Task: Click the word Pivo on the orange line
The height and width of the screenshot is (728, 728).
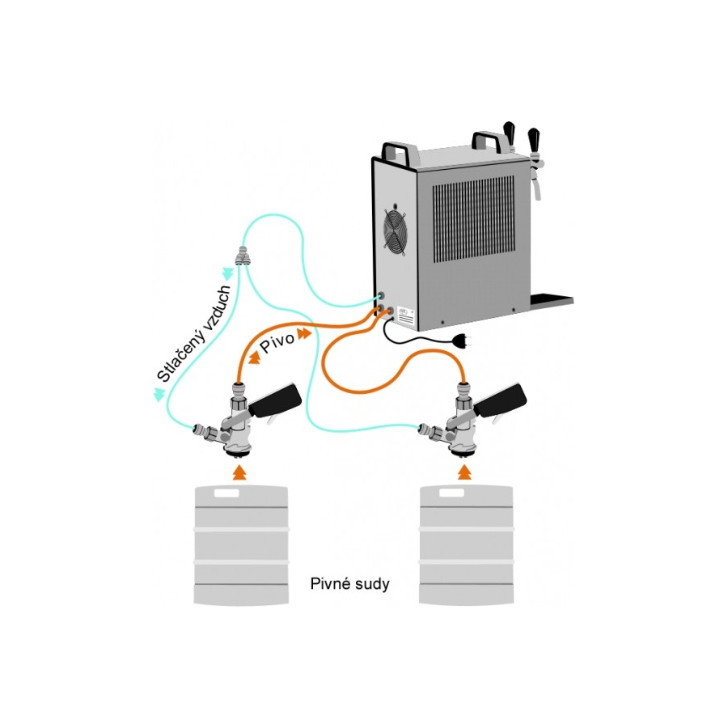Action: (x=277, y=342)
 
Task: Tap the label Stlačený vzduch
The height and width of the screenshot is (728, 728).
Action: (x=193, y=333)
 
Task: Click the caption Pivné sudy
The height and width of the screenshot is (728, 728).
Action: (x=349, y=583)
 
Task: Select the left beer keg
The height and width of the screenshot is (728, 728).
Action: (x=241, y=545)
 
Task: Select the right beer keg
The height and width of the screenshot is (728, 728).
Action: (x=466, y=545)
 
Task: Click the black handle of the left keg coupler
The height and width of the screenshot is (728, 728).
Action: (x=275, y=400)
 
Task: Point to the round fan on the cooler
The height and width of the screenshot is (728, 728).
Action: (x=395, y=231)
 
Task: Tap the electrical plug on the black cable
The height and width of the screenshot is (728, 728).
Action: (x=463, y=341)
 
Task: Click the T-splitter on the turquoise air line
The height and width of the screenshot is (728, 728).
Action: (x=241, y=256)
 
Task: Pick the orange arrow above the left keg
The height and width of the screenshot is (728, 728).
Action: (x=239, y=472)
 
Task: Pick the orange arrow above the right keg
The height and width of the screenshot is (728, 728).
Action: (x=464, y=472)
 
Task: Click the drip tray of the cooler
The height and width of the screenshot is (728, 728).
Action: (x=552, y=299)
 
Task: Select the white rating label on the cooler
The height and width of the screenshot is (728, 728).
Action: (x=406, y=315)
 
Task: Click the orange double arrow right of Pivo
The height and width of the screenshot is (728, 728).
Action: (x=304, y=333)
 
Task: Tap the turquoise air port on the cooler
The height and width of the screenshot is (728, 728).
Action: (x=381, y=296)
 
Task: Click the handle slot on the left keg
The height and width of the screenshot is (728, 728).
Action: (x=226, y=493)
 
